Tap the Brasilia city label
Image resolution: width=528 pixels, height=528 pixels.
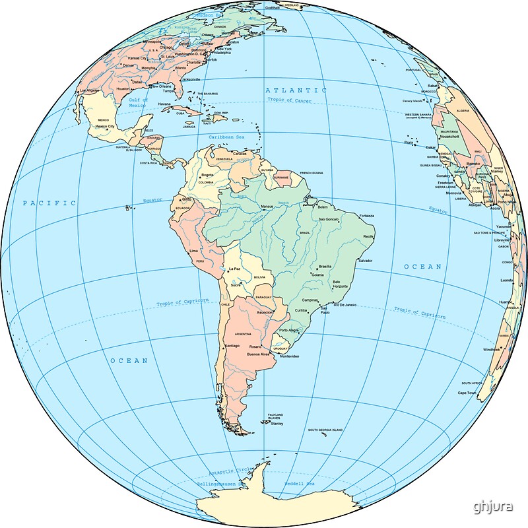[325, 266]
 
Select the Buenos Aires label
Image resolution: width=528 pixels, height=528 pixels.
[258, 354]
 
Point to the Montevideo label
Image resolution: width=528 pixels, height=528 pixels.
[290, 356]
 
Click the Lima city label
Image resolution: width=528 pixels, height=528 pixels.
[193, 251]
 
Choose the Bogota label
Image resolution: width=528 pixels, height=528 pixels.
[207, 175]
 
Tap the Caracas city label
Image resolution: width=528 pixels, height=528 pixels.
[240, 154]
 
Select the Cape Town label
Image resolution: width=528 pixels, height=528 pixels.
[467, 393]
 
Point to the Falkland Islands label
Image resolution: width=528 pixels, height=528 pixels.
[275, 416]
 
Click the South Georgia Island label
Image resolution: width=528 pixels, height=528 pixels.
[325, 430]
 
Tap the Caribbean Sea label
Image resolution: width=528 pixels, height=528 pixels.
[226, 137]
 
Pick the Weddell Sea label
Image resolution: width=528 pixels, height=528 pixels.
[299, 484]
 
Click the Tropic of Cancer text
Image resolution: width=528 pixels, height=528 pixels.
[289, 100]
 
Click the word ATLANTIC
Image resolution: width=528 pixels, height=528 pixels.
[296, 90]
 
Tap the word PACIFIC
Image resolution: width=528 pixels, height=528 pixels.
[49, 203]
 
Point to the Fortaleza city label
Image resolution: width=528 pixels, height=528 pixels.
[366, 216]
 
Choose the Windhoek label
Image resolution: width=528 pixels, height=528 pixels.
[492, 349]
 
